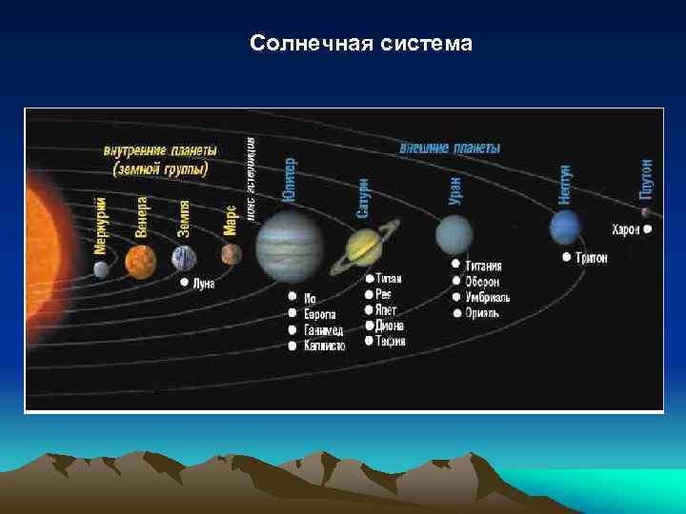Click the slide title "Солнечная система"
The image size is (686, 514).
[x=360, y=44]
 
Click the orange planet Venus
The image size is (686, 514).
[x=140, y=260]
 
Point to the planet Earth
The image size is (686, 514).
[x=184, y=258]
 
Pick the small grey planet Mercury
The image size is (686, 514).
[x=102, y=269]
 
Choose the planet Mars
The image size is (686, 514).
[x=231, y=254]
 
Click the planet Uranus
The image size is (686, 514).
[x=454, y=234]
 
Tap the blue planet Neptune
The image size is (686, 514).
[x=565, y=227]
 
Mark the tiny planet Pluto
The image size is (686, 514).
[x=646, y=212]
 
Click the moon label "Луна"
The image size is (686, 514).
[x=204, y=284]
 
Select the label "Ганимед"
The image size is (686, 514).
[x=324, y=329]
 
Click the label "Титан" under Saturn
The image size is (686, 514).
[x=389, y=279]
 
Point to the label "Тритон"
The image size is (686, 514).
[x=591, y=258]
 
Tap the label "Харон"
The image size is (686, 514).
[x=625, y=229]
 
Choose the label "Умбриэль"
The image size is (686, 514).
[x=488, y=298]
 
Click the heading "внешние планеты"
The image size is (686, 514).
[x=449, y=148]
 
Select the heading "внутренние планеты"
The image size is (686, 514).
[x=160, y=150]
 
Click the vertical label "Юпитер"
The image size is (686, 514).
[x=289, y=181]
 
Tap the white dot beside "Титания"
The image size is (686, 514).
[x=456, y=264]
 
